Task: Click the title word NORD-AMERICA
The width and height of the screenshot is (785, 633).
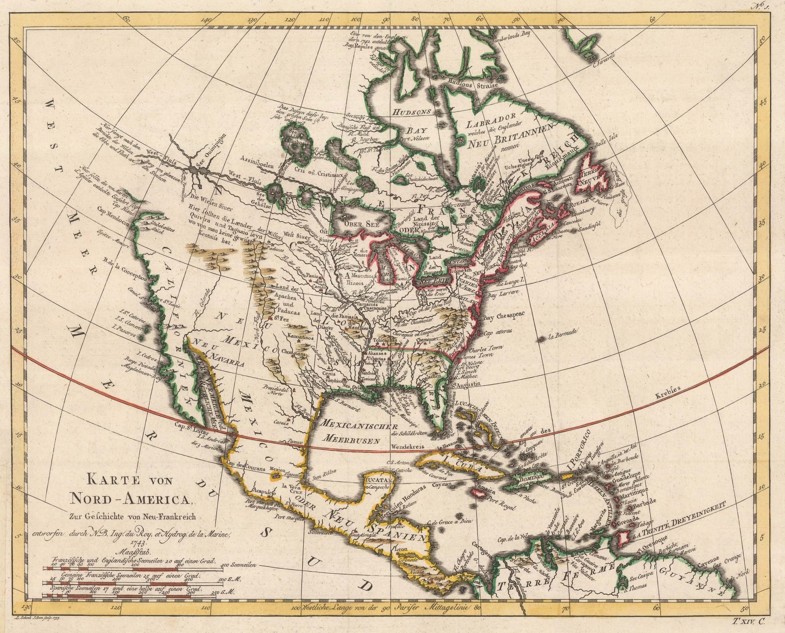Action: click(x=131, y=499)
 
